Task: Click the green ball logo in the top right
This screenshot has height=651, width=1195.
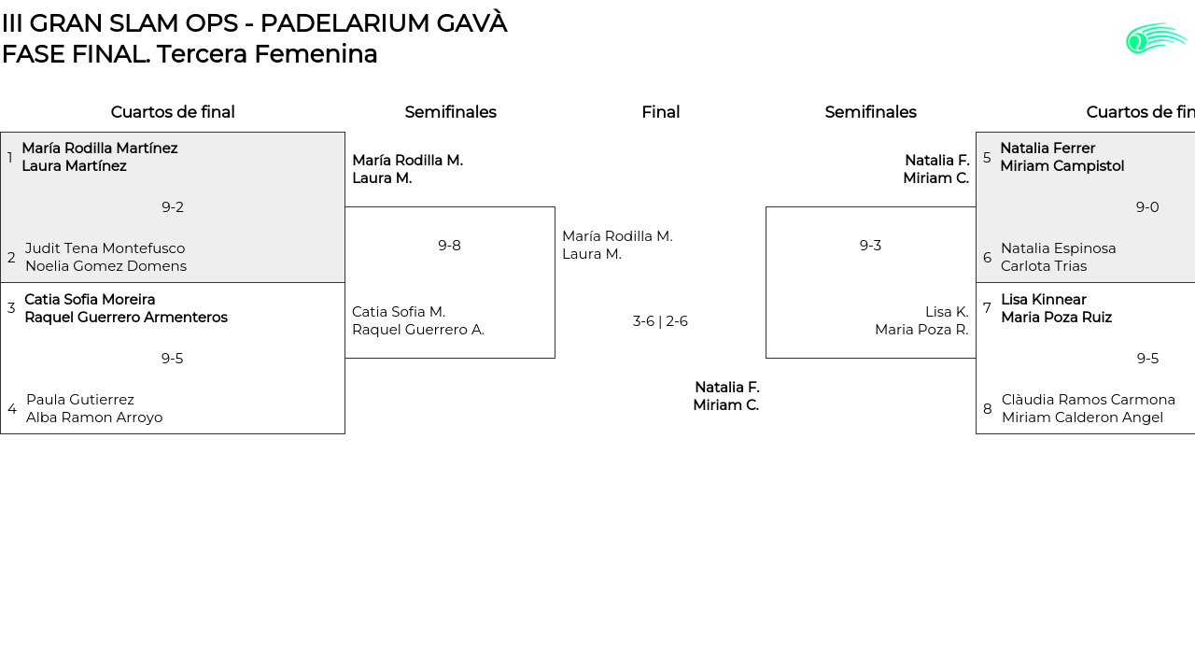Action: click(1155, 38)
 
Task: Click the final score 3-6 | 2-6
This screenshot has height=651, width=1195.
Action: click(660, 321)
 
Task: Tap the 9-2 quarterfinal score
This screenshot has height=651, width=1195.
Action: click(173, 207)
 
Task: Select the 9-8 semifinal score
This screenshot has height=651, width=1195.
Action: click(449, 246)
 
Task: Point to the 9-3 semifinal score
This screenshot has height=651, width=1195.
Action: click(870, 246)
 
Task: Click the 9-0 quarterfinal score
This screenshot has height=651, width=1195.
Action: click(1147, 207)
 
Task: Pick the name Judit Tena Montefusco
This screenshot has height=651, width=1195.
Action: click(105, 248)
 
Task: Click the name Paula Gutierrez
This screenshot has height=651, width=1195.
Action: click(80, 400)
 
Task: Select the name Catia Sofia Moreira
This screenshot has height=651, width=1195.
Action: click(90, 300)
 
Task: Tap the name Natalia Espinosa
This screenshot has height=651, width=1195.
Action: click(1058, 248)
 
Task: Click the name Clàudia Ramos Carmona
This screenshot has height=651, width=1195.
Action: click(1088, 400)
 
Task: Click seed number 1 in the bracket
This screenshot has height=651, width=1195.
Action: click(10, 158)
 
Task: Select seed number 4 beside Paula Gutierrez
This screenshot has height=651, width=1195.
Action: click(12, 409)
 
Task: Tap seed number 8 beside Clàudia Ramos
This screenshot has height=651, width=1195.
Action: click(988, 409)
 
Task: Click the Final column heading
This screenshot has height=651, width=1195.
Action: click(660, 112)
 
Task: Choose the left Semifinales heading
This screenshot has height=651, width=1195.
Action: click(450, 112)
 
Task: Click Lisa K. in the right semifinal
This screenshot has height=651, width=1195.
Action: click(947, 312)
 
